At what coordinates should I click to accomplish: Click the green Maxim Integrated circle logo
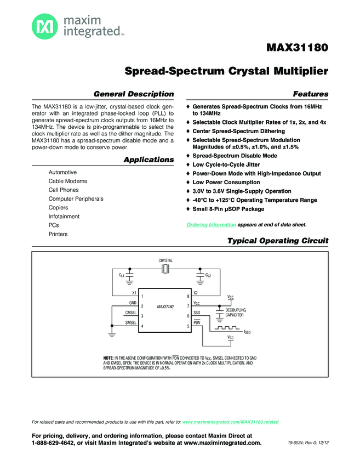(45, 26)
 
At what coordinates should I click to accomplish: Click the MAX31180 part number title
(297, 48)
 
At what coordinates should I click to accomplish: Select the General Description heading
(134, 94)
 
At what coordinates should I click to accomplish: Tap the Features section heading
(311, 94)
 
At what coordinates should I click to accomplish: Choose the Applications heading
(149, 160)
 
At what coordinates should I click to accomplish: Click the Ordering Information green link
(211, 225)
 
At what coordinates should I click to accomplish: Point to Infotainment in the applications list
(64, 217)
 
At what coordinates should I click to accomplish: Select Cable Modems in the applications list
(68, 181)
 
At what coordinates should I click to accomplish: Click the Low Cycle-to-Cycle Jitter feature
(226, 164)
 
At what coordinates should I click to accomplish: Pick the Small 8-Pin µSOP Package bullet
(228, 209)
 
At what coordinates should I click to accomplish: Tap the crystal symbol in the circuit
(165, 269)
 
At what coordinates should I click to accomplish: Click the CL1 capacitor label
(122, 275)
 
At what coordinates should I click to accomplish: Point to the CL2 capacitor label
(208, 275)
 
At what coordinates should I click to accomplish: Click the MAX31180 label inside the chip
(165, 306)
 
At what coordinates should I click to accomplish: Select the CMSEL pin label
(131, 312)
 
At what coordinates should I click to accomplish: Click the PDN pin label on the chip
(197, 322)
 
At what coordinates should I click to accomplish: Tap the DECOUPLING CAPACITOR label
(235, 312)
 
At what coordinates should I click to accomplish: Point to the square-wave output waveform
(227, 328)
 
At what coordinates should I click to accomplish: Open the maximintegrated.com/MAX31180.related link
(230, 422)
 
